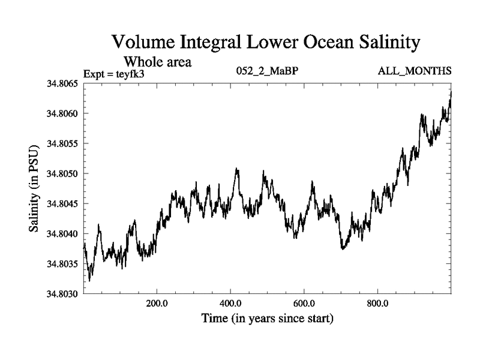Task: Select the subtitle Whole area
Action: tap(157, 61)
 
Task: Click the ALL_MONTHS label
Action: tap(415, 71)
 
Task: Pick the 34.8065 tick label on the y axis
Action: tap(62, 83)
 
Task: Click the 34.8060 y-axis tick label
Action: tap(62, 113)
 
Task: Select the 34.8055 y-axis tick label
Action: tap(62, 143)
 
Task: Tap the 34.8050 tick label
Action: tap(62, 173)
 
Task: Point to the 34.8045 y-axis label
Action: tap(62, 203)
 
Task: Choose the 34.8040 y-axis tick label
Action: tap(62, 233)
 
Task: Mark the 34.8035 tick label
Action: tap(62, 263)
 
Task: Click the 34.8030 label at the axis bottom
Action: tap(62, 293)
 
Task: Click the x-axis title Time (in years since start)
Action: tap(267, 318)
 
